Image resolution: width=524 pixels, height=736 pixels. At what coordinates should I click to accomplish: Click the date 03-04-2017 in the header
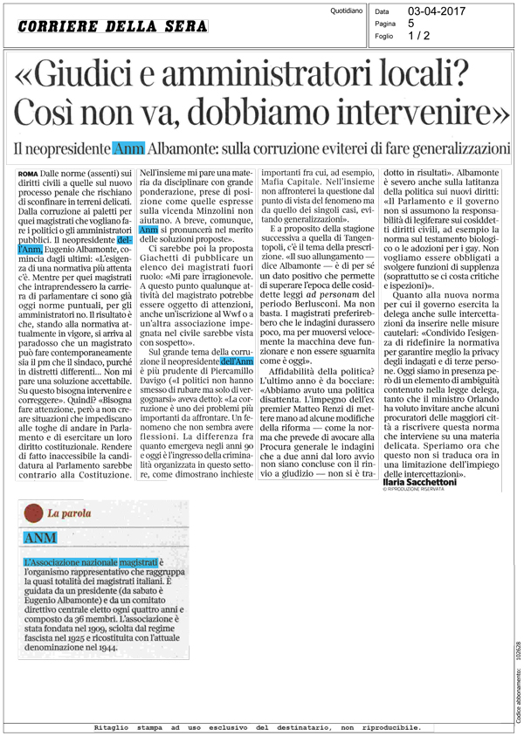[x=432, y=10]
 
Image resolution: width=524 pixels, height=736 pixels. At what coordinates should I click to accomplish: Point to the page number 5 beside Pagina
[x=411, y=24]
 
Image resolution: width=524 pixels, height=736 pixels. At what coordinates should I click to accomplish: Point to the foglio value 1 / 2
[x=420, y=37]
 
